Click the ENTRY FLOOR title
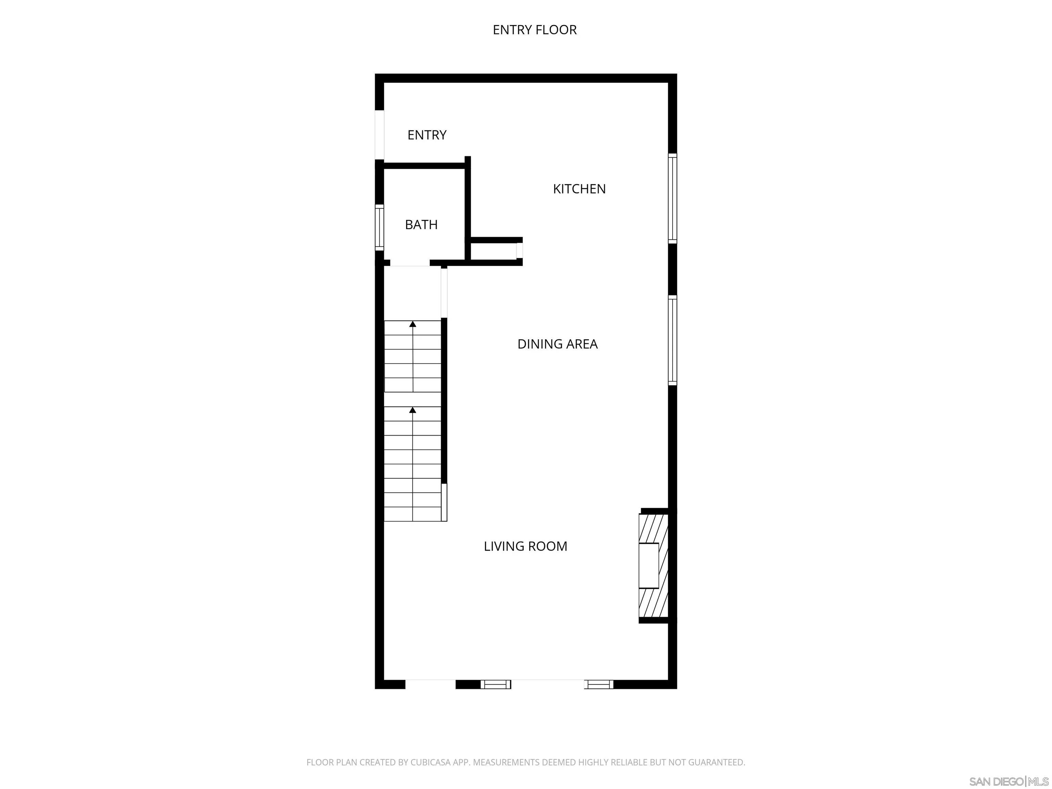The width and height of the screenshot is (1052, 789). point(535,30)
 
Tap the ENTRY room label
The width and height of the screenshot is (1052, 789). point(427,135)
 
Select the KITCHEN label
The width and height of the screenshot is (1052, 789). point(579,189)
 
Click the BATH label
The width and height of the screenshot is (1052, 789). point(421,225)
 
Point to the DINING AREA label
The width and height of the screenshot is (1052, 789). point(557,344)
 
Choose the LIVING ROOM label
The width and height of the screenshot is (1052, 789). point(525,546)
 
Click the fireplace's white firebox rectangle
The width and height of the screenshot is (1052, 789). point(648,565)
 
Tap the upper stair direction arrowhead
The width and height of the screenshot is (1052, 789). point(413,324)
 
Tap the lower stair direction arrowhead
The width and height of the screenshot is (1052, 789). point(413,410)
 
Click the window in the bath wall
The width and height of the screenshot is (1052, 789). point(379,227)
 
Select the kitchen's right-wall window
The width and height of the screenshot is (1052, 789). point(672,198)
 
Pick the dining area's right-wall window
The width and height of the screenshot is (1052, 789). point(672,340)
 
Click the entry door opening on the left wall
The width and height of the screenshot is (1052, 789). point(379,135)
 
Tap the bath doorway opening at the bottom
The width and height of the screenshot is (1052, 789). point(410,263)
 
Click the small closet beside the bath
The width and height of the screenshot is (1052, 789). point(493,251)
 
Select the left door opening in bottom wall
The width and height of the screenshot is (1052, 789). point(430,684)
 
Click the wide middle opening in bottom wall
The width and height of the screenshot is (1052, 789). point(547,684)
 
